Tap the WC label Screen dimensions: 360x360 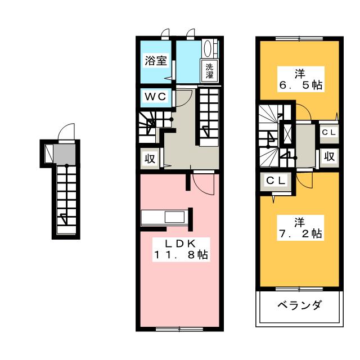[156, 97]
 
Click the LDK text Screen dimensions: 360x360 [181, 244]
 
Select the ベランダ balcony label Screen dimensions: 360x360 [300, 307]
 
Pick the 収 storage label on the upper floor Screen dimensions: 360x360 [329, 156]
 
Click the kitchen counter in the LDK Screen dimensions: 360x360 [165, 217]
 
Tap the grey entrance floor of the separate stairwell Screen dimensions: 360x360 [66, 153]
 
